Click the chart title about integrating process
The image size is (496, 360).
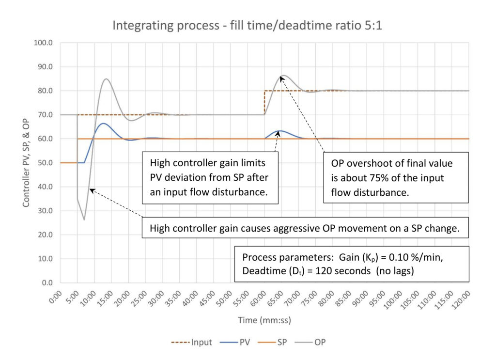[248, 25]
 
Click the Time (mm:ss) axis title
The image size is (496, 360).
[264, 320]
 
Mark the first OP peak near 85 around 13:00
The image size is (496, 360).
[106, 78]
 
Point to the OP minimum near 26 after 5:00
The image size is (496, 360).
[84, 219]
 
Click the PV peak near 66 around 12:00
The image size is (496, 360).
[103, 123]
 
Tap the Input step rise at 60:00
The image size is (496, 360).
[264, 103]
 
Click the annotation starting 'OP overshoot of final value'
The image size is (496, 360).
[396, 178]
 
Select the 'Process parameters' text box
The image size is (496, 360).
[352, 263]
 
